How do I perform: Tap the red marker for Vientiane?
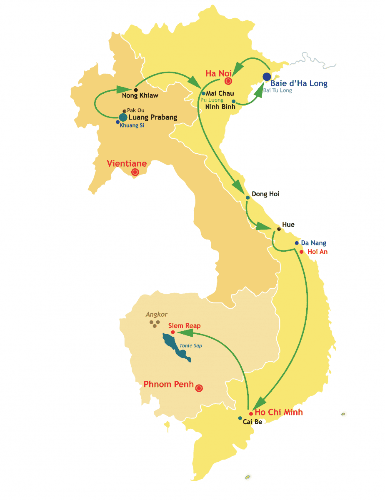tap(135, 172)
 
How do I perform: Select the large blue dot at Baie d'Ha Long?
tap(267, 77)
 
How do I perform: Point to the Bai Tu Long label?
tap(277, 90)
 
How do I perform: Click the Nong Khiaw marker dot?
tap(136, 90)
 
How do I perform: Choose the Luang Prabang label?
tap(152, 117)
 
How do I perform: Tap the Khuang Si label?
tap(132, 125)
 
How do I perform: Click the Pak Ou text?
tap(136, 110)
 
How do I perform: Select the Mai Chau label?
tap(220, 93)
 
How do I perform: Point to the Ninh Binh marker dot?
tap(234, 101)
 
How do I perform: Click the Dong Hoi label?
tap(266, 194)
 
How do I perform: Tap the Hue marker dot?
tap(279, 229)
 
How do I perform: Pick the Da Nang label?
tap(313, 243)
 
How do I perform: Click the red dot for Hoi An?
tap(301, 252)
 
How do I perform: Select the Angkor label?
tap(156, 315)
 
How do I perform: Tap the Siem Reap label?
tap(184, 326)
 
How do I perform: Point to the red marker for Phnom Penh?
tap(199, 388)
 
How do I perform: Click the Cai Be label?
tap(252, 422)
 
